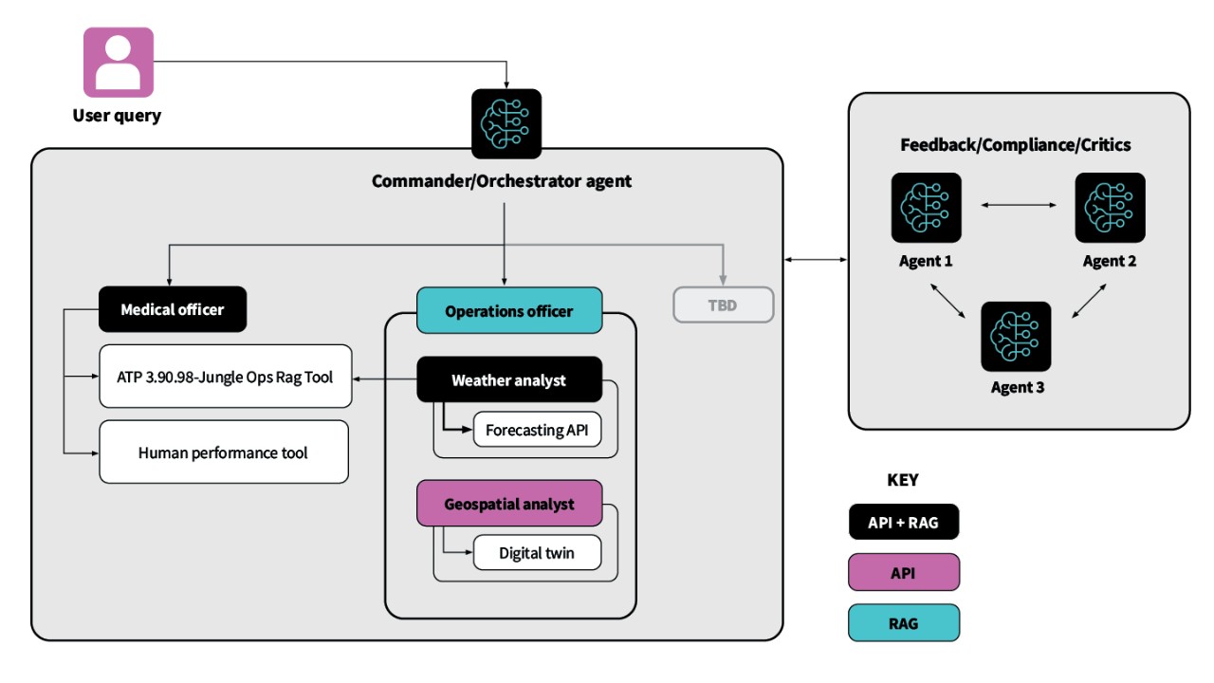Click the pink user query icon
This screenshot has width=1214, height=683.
pos(119,63)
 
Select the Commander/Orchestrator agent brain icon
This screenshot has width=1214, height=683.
pos(506,123)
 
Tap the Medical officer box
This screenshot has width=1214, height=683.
pos(173,309)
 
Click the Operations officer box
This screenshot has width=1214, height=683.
pos(509,310)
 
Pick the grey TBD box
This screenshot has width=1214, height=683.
pos(724,305)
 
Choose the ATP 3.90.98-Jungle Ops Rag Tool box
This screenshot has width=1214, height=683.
pos(224,377)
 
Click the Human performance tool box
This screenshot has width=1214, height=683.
pos(224,452)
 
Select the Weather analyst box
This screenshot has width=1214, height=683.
pos(509,380)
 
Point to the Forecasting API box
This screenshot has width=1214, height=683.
pos(537,430)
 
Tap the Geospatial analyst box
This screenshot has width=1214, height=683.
pos(509,503)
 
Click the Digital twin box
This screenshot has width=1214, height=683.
pos(537,553)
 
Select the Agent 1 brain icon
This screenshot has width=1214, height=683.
pos(926,208)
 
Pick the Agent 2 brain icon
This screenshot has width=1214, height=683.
pos(1110,208)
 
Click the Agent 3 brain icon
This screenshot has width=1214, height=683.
pos(1016,337)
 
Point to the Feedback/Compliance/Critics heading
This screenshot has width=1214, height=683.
pos(1015,145)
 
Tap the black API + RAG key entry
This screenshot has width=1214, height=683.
pos(904,522)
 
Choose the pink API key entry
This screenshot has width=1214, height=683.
pos(904,572)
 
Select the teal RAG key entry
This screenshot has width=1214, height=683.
pos(904,623)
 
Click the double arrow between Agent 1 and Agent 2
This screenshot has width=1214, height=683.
pos(1018,204)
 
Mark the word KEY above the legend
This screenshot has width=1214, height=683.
pos(903,480)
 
